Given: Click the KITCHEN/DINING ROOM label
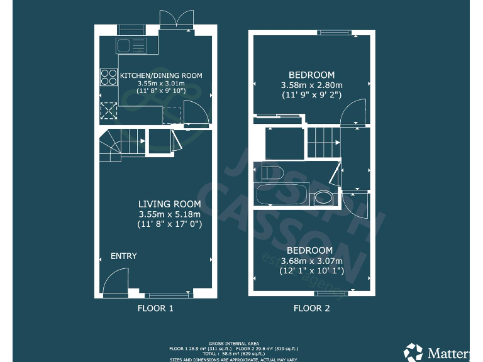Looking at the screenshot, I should [161, 75].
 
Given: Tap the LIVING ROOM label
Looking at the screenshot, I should [170, 204].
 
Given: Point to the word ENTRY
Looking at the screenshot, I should [124, 256].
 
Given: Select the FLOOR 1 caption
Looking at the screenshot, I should [155, 309].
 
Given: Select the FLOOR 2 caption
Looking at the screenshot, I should [312, 309].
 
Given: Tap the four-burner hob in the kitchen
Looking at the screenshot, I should [108, 77].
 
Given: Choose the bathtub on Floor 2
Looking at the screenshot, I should [280, 194].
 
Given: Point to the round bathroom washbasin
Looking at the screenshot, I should [324, 198].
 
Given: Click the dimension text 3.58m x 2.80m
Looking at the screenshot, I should [312, 85].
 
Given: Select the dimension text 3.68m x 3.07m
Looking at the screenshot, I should [312, 261].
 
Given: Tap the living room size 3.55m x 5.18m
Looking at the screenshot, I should [170, 214].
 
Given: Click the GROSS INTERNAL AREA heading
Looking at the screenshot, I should [242, 343].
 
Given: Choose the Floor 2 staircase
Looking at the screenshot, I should [324, 143].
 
